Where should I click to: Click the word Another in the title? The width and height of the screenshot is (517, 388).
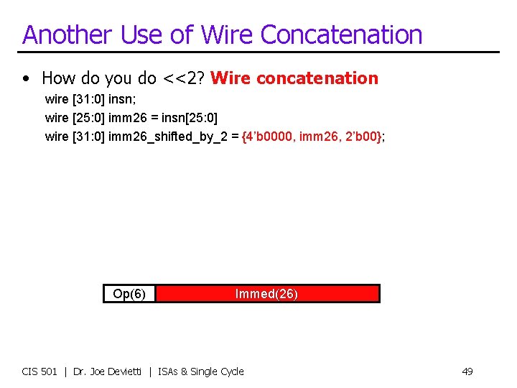(x=65, y=34)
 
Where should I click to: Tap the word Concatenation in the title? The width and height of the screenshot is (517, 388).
(x=341, y=34)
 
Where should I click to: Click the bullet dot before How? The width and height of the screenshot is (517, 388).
(x=26, y=78)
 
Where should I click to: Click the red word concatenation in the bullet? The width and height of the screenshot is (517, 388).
(x=317, y=78)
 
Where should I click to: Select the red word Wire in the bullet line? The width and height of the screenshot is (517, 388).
(x=231, y=78)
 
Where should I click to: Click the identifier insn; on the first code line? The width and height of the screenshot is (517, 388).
(x=125, y=98)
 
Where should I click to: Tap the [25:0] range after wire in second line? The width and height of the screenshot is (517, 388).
(x=89, y=117)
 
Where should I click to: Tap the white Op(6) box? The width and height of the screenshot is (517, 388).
(x=129, y=294)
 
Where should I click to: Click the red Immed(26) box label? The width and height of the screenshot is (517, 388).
(x=266, y=294)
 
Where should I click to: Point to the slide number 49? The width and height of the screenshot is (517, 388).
(x=467, y=371)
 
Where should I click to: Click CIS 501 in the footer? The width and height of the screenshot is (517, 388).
(x=39, y=371)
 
